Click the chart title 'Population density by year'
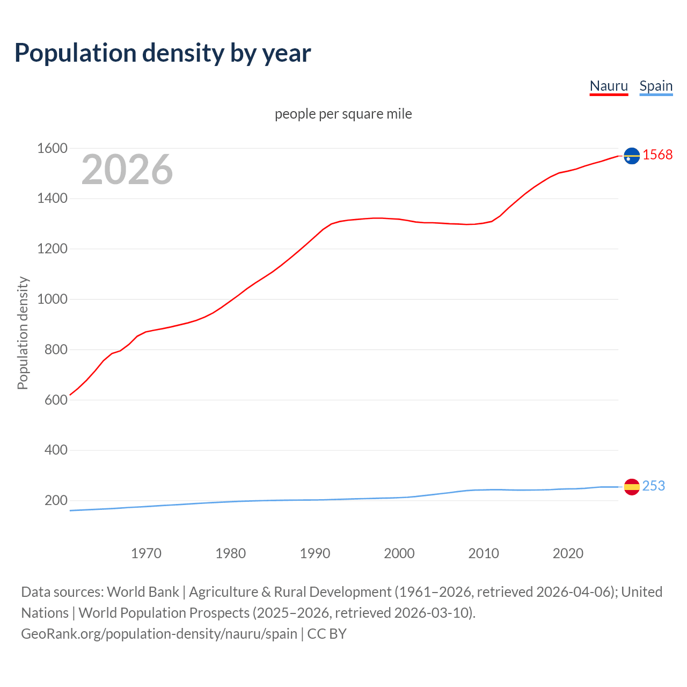[163, 53]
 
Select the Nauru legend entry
[609, 86]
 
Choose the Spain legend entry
[656, 86]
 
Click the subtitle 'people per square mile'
[343, 114]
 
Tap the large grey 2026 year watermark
[127, 170]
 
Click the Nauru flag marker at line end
[632, 156]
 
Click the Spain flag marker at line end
[632, 487]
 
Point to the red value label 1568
[657, 155]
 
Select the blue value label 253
[653, 486]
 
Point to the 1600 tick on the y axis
[52, 148]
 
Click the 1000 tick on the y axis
[52, 299]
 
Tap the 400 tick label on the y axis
[56, 450]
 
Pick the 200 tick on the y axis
[56, 500]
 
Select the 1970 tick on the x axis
[146, 553]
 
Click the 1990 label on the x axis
[315, 553]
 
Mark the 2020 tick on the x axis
[568, 553]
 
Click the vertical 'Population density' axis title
[23, 333]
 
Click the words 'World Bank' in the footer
[143, 592]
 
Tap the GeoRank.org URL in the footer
[159, 634]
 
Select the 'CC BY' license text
[327, 634]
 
